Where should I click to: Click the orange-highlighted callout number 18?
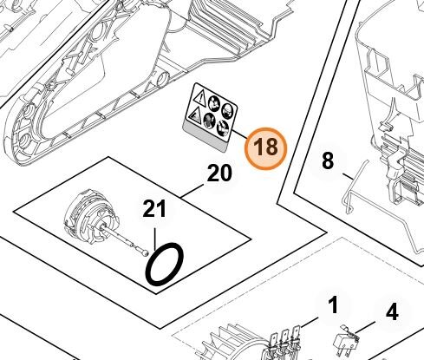pyautogui.click(x=265, y=148)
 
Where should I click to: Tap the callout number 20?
pyautogui.click(x=219, y=173)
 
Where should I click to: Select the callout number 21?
pyautogui.click(x=154, y=208)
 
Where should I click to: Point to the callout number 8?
pyautogui.click(x=328, y=160)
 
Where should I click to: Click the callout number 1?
pyautogui.click(x=333, y=306)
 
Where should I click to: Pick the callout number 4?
pyautogui.click(x=392, y=312)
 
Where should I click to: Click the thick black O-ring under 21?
pyautogui.click(x=164, y=265)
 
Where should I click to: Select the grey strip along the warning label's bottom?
pyautogui.click(x=205, y=137)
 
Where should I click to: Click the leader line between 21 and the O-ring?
pyautogui.click(x=155, y=239)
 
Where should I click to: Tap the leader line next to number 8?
pyautogui.click(x=349, y=176)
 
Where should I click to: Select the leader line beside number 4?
pyautogui.click(x=365, y=327)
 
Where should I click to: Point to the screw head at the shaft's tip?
pyautogui.click(x=146, y=252)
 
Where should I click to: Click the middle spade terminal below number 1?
pyautogui.click(x=285, y=337)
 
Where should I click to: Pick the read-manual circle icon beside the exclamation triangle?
pyautogui.click(x=214, y=102)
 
